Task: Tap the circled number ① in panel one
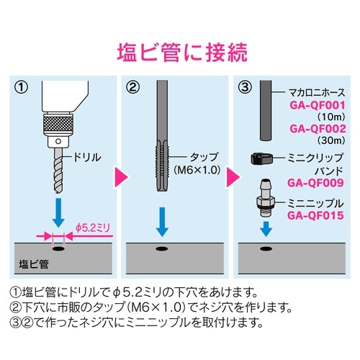click(x=22, y=90)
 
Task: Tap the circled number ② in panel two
click(x=133, y=90)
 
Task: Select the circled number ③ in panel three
click(x=247, y=90)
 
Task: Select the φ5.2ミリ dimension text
click(x=92, y=227)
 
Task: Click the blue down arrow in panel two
click(x=163, y=220)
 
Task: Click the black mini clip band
click(x=261, y=157)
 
